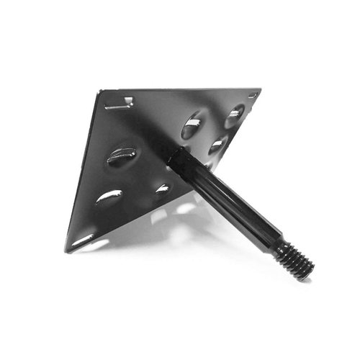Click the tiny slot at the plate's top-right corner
point(253,95)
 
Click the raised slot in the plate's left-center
point(122,156)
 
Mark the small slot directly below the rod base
point(163,189)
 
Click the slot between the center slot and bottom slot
point(109,197)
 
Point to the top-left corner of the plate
point(100,91)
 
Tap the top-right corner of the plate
point(260,91)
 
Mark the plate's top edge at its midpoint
point(180,90)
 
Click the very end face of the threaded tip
point(310,271)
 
